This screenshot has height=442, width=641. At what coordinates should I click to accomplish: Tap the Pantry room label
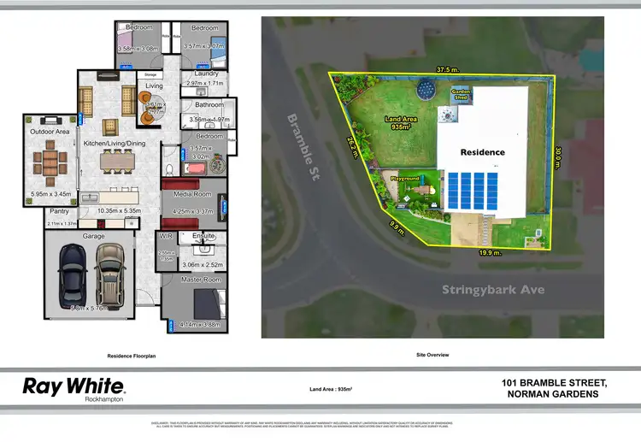pos(59,210)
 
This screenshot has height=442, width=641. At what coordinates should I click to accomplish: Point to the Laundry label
pos(206,74)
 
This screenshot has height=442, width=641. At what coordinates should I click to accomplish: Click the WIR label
pos(166,235)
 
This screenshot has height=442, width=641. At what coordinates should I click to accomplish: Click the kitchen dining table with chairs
pos(118,161)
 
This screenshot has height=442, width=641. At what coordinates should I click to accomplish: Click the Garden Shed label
pos(462,97)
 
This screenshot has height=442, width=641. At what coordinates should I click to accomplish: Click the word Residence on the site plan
pos(483,152)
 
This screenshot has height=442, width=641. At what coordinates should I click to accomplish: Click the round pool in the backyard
pos(425,88)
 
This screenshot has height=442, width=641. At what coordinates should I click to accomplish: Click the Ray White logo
pos(74,387)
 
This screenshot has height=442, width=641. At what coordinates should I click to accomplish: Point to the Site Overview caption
pos(432,354)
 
